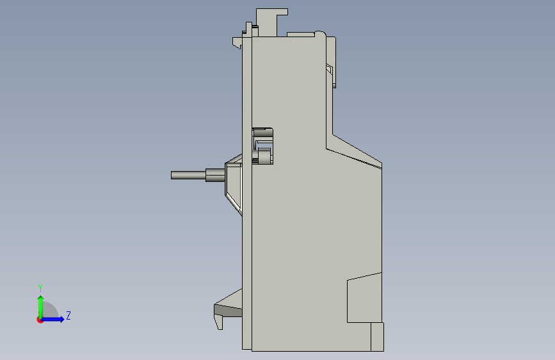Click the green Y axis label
tap(40, 288)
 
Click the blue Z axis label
tap(68, 315)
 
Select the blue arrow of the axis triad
tap(52, 319)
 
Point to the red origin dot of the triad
tap(40, 320)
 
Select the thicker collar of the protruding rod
tap(215, 175)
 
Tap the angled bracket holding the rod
tap(234, 184)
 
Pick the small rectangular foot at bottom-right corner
tap(377, 336)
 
